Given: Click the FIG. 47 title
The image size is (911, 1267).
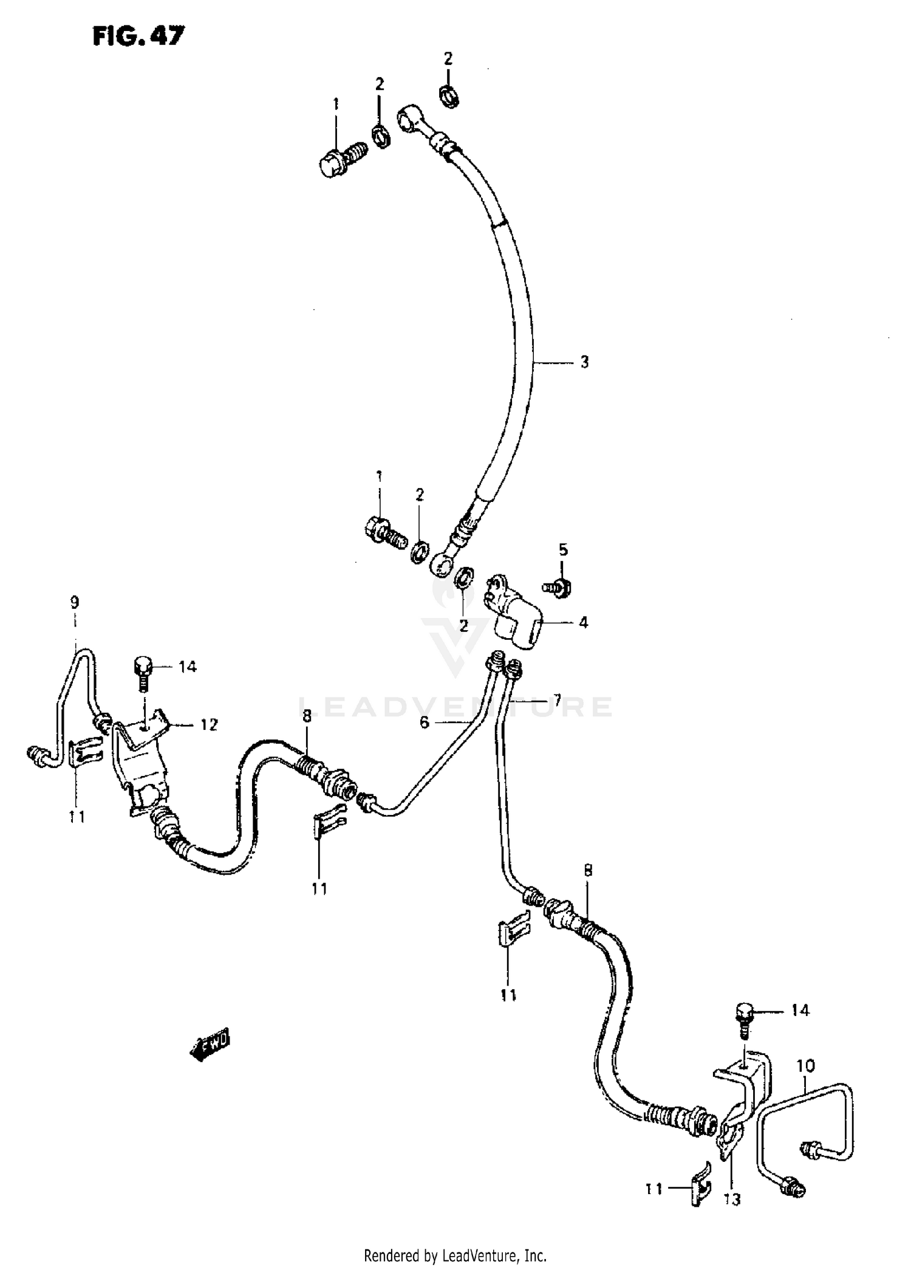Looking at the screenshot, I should tap(137, 36).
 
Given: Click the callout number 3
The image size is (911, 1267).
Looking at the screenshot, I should tap(584, 362).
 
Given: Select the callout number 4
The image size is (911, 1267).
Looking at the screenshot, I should tap(583, 622).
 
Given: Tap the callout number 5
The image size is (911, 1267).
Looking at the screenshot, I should tap(563, 550).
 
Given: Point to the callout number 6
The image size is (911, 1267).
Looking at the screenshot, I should tap(424, 722).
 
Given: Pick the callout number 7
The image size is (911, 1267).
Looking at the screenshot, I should tap(556, 700).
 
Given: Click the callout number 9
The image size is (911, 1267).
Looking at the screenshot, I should tap(74, 603).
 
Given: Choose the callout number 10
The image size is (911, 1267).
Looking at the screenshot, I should tap(805, 1066).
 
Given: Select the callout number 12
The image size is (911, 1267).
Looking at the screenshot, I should tap(208, 725).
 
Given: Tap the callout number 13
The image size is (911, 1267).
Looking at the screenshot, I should tap(732, 1200).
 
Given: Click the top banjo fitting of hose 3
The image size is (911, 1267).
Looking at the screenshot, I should tap(411, 117).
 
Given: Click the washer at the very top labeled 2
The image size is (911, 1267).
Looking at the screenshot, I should tap(449, 95).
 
